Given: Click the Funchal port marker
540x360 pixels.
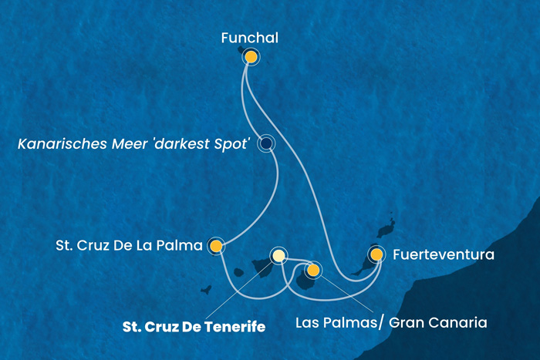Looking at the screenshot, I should (x=251, y=56).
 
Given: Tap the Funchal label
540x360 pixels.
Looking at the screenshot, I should (x=249, y=36).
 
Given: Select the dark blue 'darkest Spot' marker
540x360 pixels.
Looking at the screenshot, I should (x=266, y=143).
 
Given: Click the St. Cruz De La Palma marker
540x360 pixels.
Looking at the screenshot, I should (x=217, y=247).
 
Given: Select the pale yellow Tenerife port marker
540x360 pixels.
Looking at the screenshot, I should (x=278, y=255).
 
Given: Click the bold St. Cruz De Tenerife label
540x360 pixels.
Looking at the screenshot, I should (x=194, y=327).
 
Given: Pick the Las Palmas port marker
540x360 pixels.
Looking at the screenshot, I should (x=313, y=270).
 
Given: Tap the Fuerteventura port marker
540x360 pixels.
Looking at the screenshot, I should (x=376, y=254).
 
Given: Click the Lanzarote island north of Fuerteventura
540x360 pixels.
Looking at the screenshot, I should (x=385, y=228).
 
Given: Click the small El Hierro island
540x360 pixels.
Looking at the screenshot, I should (x=206, y=291).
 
